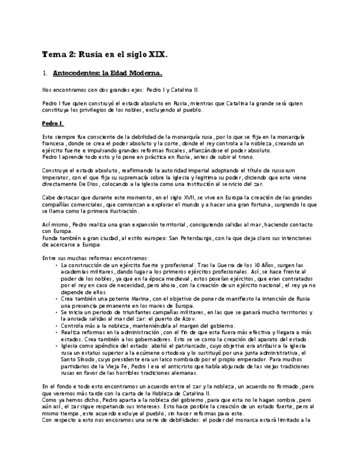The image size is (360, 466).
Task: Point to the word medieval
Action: pyautogui.click(x=172, y=279)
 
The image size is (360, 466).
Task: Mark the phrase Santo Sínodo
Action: pyautogui.click(x=79, y=359)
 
